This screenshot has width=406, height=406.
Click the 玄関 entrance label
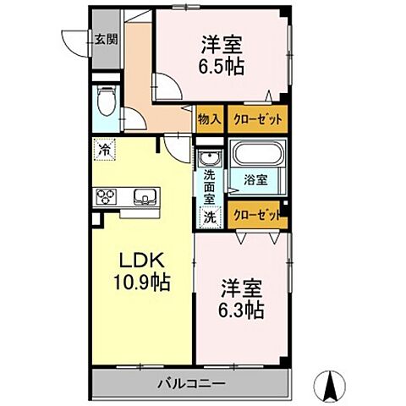click(x=106, y=38)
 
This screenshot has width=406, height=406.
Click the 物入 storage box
click(x=209, y=120)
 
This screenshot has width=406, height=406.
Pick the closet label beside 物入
click(x=254, y=120)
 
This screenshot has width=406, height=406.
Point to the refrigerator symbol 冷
click(x=103, y=148)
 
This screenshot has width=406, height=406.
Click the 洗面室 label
click(x=208, y=186)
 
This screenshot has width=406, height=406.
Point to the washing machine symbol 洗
click(x=208, y=216)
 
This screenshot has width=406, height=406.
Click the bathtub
click(x=258, y=155)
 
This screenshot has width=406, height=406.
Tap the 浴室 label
click(x=256, y=179)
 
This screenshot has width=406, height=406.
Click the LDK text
click(x=140, y=261)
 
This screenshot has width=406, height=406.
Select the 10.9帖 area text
click(x=140, y=283)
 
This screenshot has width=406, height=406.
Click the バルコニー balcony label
click(x=190, y=384)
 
